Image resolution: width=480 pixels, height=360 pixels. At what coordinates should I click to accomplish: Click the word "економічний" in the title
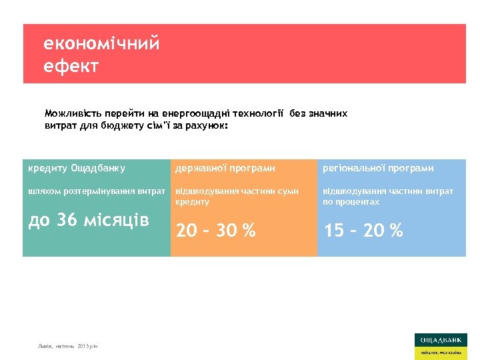(x=101, y=44)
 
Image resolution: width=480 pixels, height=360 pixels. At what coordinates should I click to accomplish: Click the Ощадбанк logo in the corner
(x=440, y=345)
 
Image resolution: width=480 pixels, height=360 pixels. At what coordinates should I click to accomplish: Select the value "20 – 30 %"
(x=215, y=231)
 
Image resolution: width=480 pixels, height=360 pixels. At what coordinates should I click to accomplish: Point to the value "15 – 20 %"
(x=363, y=231)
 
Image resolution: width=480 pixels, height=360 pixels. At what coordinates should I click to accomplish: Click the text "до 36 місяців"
(x=89, y=220)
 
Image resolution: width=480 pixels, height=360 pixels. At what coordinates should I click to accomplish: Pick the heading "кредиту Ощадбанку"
(x=77, y=168)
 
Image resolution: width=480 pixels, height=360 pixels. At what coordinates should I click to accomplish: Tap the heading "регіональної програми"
(x=378, y=168)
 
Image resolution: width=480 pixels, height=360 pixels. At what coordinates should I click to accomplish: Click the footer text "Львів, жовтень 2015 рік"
(x=67, y=347)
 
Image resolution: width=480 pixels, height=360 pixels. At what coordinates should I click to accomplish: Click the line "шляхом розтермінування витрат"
(x=97, y=191)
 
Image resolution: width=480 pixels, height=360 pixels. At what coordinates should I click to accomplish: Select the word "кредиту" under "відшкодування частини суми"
(x=193, y=202)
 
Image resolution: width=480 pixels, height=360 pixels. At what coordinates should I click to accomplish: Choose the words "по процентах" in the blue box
(x=351, y=202)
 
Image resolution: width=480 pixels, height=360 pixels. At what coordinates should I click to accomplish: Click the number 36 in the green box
(x=67, y=220)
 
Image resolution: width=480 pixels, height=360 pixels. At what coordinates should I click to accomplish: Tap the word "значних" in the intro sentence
(x=327, y=114)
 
